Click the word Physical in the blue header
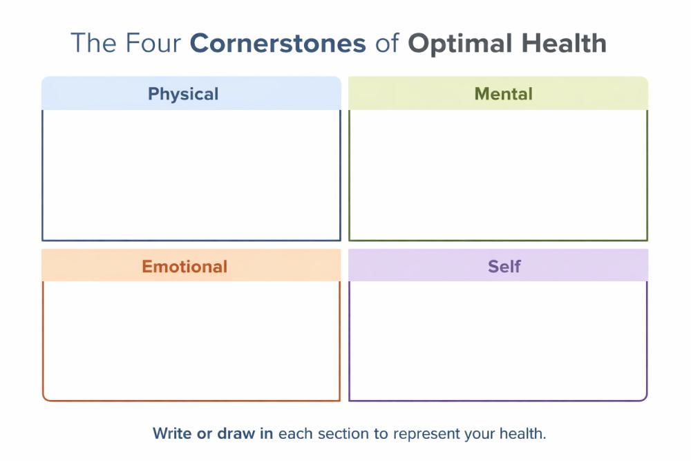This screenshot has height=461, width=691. (x=183, y=94)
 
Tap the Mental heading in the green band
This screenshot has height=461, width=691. (x=503, y=94)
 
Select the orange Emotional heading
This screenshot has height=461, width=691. (x=184, y=266)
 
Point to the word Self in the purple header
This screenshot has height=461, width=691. (x=504, y=266)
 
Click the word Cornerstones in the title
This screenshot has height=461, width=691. (x=278, y=44)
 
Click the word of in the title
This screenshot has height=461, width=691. (x=387, y=44)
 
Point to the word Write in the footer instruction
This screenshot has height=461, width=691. (x=171, y=434)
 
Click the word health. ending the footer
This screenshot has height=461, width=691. (x=524, y=434)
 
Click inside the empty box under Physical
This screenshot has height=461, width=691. (x=191, y=174)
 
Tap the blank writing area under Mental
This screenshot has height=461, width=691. (x=498, y=174)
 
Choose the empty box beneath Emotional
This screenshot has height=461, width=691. (x=191, y=340)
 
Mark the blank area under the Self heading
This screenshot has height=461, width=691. (x=498, y=340)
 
